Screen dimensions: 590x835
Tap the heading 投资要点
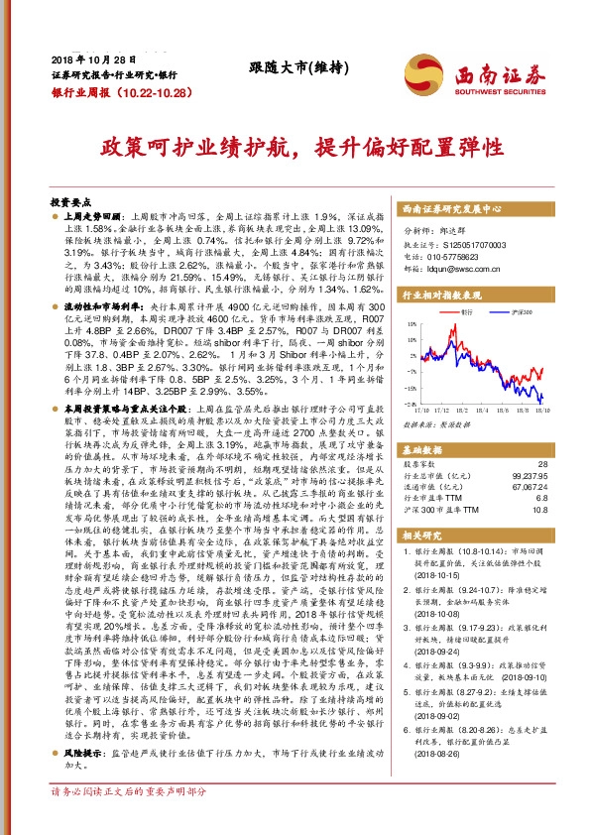click(x=72, y=199)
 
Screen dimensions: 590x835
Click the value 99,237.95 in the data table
click(x=526, y=475)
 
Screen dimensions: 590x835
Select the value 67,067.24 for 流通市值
click(x=526, y=487)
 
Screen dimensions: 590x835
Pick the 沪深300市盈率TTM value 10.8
click(x=540, y=511)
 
